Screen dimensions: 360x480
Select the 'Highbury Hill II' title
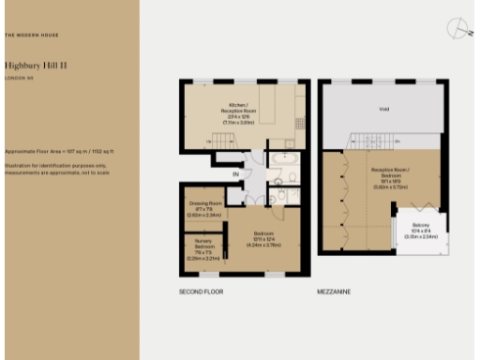[36, 67]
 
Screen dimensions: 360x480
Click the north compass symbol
[457, 29]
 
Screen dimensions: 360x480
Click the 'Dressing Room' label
[203, 203]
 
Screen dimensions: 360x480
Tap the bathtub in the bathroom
[283, 158]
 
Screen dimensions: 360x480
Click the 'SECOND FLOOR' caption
[200, 292]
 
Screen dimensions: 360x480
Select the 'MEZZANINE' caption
[334, 292]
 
